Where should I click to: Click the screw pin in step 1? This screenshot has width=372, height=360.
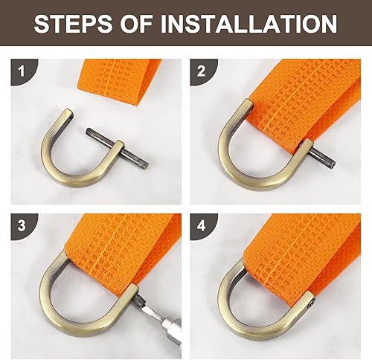click(118, 148)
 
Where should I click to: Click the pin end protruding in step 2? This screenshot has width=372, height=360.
click(323, 157)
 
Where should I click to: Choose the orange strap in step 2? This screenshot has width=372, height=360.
click(305, 104)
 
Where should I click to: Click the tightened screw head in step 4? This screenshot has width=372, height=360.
click(311, 304)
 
